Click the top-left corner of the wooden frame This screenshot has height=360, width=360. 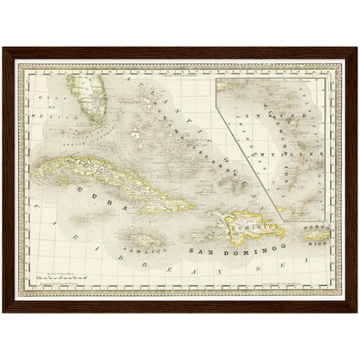3,49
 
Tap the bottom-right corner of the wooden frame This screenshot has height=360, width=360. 356,311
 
